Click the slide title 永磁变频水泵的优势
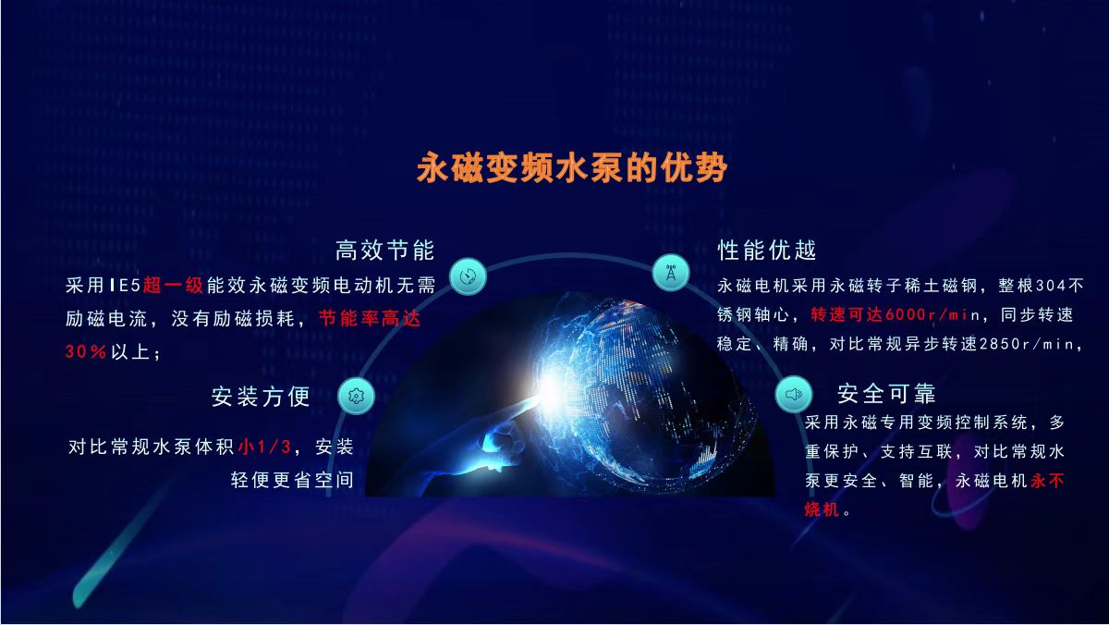572,168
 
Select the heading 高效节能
384,251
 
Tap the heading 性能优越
767,251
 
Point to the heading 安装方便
261,397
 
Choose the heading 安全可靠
886,394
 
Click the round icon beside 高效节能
469,276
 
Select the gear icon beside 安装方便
356,395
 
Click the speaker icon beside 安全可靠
793,394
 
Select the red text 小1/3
264,447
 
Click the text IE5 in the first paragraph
124,286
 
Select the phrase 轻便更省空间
292,480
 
